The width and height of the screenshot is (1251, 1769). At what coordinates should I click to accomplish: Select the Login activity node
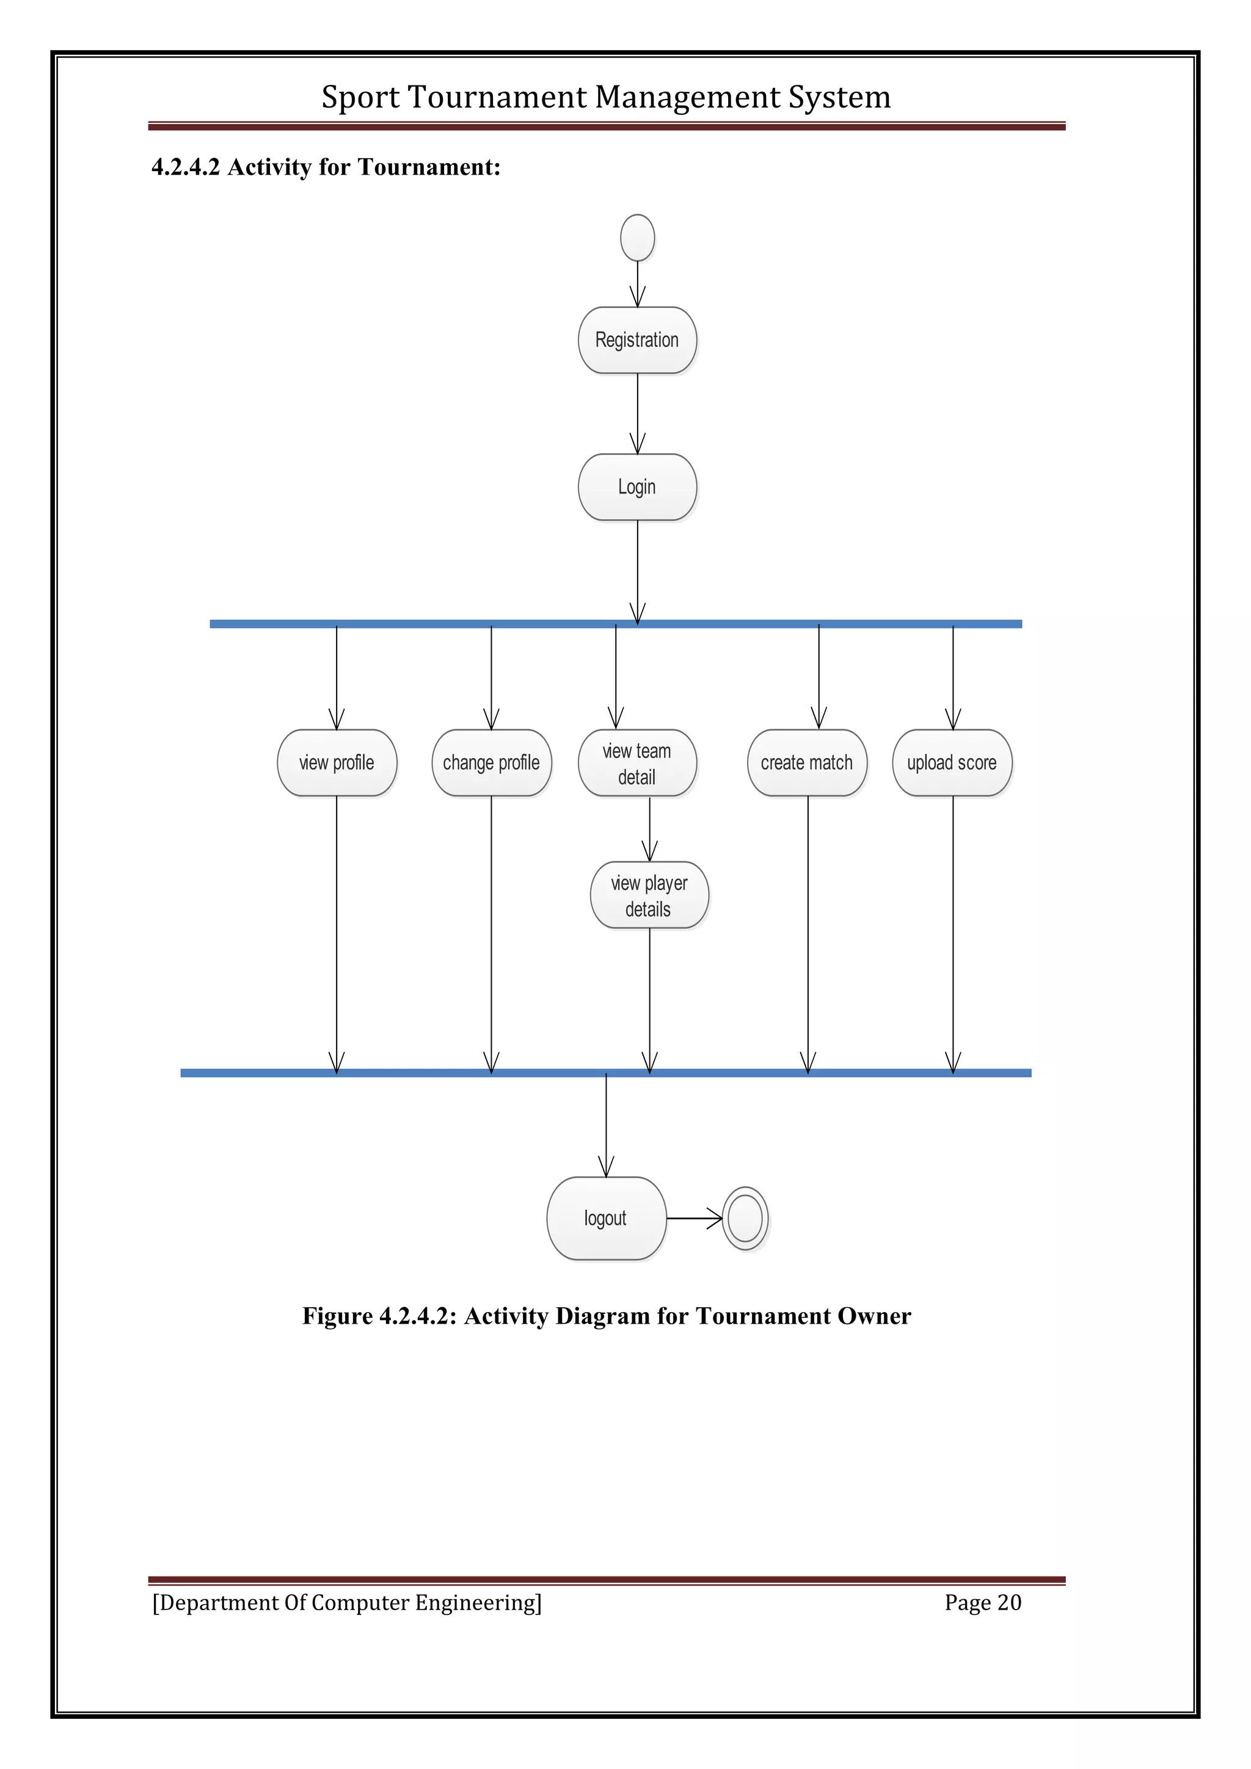coord(637,487)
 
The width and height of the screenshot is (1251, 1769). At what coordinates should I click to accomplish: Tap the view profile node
coord(337,763)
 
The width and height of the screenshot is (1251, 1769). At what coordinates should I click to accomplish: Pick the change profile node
coord(492,763)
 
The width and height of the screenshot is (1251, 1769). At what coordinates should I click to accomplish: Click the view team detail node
coord(637,763)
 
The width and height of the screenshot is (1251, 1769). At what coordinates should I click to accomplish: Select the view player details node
coord(649,895)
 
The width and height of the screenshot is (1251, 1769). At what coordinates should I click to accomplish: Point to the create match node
coord(806,763)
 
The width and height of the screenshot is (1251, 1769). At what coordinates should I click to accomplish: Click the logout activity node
coord(605,1218)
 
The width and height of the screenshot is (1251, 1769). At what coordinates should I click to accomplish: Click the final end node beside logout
coord(745,1218)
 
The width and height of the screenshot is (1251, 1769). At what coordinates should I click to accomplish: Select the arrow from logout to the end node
coord(693,1218)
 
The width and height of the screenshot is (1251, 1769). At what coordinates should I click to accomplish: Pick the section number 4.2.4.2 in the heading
coord(186,167)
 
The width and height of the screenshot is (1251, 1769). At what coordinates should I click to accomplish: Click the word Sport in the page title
coord(360,98)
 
